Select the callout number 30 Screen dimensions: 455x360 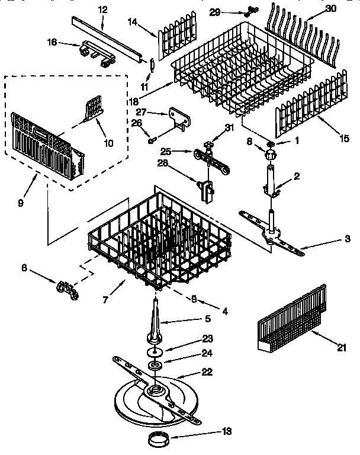330,9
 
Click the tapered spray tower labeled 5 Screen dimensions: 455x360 156,320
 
